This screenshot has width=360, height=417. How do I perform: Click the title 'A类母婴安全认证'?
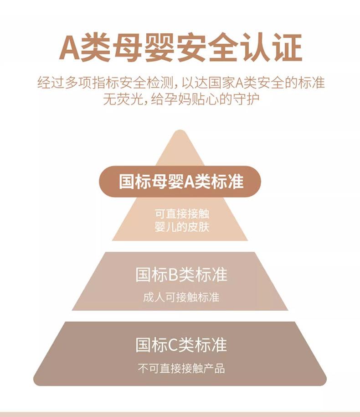180,48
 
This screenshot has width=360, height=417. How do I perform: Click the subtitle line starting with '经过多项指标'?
180,84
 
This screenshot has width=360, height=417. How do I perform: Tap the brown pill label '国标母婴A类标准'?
180,182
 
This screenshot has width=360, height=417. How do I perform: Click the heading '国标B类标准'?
181,275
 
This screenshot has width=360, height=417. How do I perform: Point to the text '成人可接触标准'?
181,297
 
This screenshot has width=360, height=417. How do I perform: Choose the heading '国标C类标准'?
181,344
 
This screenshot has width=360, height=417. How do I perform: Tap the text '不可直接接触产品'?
181,368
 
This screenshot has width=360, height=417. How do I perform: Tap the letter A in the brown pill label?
190,182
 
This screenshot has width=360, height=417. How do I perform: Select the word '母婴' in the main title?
127,48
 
